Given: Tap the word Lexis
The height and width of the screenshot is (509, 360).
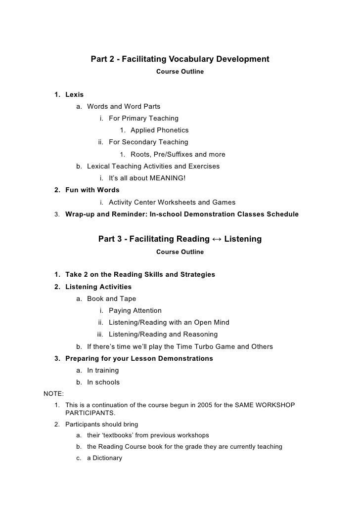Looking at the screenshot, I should (x=74, y=94).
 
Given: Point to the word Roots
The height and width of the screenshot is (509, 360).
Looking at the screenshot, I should (x=141, y=154).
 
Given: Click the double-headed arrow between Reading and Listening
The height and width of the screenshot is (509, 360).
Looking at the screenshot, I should (x=217, y=239).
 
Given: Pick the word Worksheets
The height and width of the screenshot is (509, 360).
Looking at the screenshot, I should (x=179, y=202).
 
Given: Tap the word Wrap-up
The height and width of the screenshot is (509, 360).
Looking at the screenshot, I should (x=80, y=214).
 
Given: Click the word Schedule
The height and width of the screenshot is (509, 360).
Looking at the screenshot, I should (x=283, y=214).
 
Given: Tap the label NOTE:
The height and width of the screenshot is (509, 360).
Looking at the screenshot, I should (x=53, y=394).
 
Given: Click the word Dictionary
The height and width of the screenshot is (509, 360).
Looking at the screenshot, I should (x=107, y=458).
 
